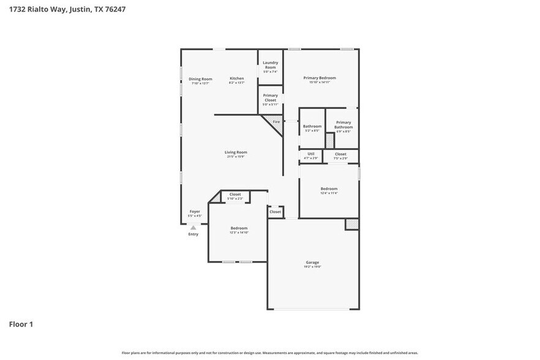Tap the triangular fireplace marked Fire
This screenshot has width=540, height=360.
click(274, 122)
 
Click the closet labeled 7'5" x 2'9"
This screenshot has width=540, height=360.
click(340, 155)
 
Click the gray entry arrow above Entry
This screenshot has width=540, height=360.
click(193, 227)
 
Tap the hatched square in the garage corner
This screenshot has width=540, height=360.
click(351, 224)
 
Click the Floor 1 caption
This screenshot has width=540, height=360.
click(21, 324)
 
